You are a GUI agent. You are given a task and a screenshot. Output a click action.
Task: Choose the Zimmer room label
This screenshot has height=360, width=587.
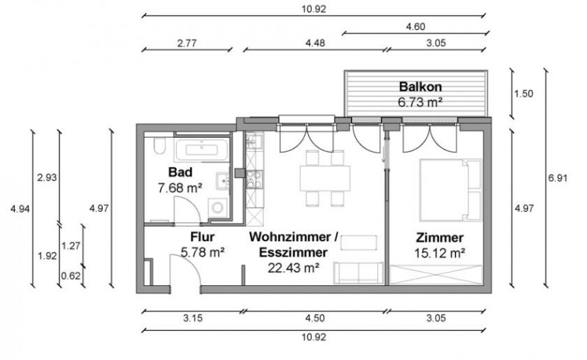click(439, 238)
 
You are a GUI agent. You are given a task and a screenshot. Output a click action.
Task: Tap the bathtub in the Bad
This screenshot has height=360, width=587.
click(201, 151)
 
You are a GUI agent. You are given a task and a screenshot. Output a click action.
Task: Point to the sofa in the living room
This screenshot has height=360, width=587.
click(358, 272)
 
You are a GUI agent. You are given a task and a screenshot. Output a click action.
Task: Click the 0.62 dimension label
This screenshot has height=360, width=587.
click(70, 276)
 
